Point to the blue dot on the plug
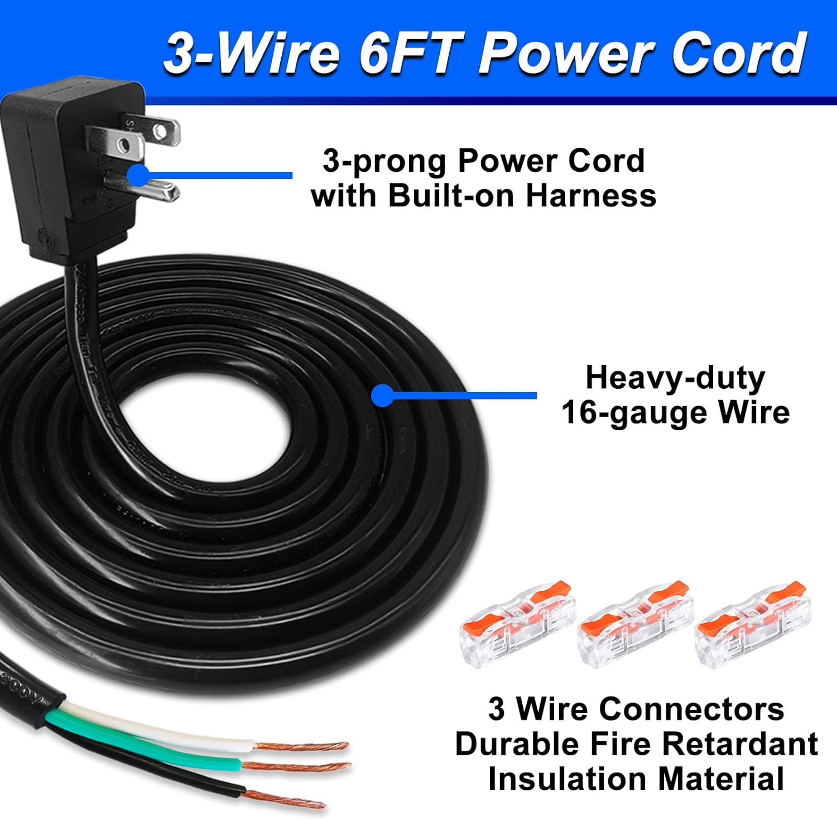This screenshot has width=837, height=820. (137, 175)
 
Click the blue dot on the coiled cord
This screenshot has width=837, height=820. (382, 395)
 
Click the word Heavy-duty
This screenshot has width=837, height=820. (675, 378)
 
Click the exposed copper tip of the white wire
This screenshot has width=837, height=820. (301, 746)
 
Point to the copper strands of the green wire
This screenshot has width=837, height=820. (296, 766)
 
